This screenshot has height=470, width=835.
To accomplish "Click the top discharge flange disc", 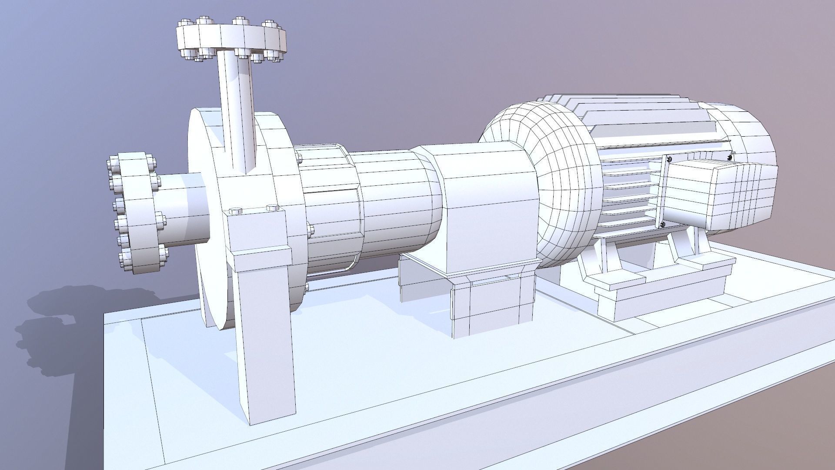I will tap(230, 37).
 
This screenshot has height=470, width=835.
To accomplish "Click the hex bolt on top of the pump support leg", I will tap(235, 211).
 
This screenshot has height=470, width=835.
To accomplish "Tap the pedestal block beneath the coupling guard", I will tap(487, 305).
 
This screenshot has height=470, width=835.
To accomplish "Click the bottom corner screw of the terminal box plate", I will tap(662, 225).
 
